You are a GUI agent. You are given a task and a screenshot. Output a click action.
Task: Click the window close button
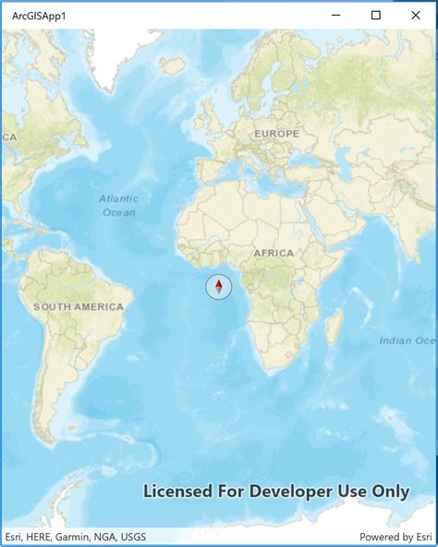(x=415, y=15)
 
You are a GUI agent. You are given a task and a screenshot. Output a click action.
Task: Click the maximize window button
(x=376, y=15)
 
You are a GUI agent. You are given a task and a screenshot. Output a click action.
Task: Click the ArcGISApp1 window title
(x=39, y=16)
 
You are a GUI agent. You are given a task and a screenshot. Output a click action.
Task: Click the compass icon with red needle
(x=219, y=288)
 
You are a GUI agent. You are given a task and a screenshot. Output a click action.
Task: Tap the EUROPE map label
(x=277, y=134)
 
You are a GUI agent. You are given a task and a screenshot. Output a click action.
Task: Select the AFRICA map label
(x=274, y=253)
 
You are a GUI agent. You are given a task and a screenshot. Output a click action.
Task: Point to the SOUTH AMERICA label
(x=78, y=306)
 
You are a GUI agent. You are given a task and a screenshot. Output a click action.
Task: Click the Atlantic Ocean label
(x=118, y=205)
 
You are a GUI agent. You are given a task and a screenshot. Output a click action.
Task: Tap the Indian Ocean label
(x=407, y=340)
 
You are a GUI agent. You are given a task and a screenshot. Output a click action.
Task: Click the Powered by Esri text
(x=395, y=537)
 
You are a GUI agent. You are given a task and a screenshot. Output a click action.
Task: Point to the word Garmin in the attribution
(x=74, y=537)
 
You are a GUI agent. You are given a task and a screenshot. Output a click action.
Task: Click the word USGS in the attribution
(x=132, y=537)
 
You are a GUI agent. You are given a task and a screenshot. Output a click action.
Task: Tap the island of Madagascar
(x=335, y=325)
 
